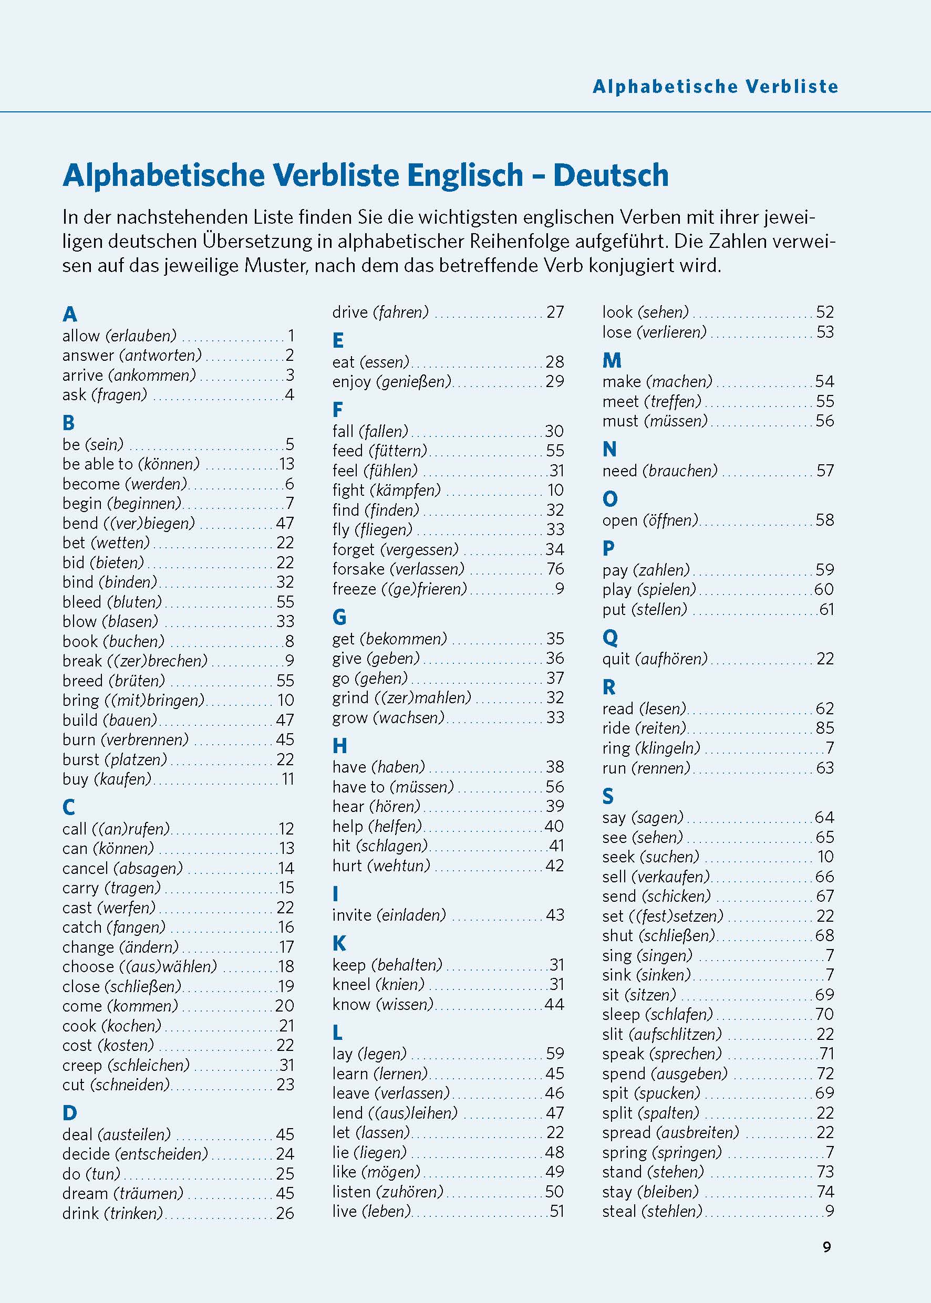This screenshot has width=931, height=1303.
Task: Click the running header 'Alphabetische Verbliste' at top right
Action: click(x=715, y=87)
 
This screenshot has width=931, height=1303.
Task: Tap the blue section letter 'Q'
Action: click(x=610, y=637)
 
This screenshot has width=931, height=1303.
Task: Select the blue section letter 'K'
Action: click(x=339, y=943)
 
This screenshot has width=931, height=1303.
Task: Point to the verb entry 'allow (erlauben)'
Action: click(x=119, y=335)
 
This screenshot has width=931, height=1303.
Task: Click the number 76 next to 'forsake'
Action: click(x=555, y=569)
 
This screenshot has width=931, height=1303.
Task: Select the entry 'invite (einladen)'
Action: click(x=389, y=914)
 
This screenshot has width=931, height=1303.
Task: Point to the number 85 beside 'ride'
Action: click(x=824, y=728)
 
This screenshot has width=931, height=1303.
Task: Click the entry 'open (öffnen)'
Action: click(x=650, y=520)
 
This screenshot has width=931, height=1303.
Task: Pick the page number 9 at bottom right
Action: click(x=826, y=1247)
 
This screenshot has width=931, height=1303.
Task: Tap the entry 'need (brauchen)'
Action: click(x=660, y=471)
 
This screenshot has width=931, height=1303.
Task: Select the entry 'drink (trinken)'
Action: click(x=113, y=1213)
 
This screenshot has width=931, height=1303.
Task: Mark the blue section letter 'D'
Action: click(x=69, y=1113)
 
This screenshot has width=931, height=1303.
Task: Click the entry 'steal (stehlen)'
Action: click(x=653, y=1211)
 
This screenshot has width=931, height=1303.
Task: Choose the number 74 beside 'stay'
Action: click(x=824, y=1191)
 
